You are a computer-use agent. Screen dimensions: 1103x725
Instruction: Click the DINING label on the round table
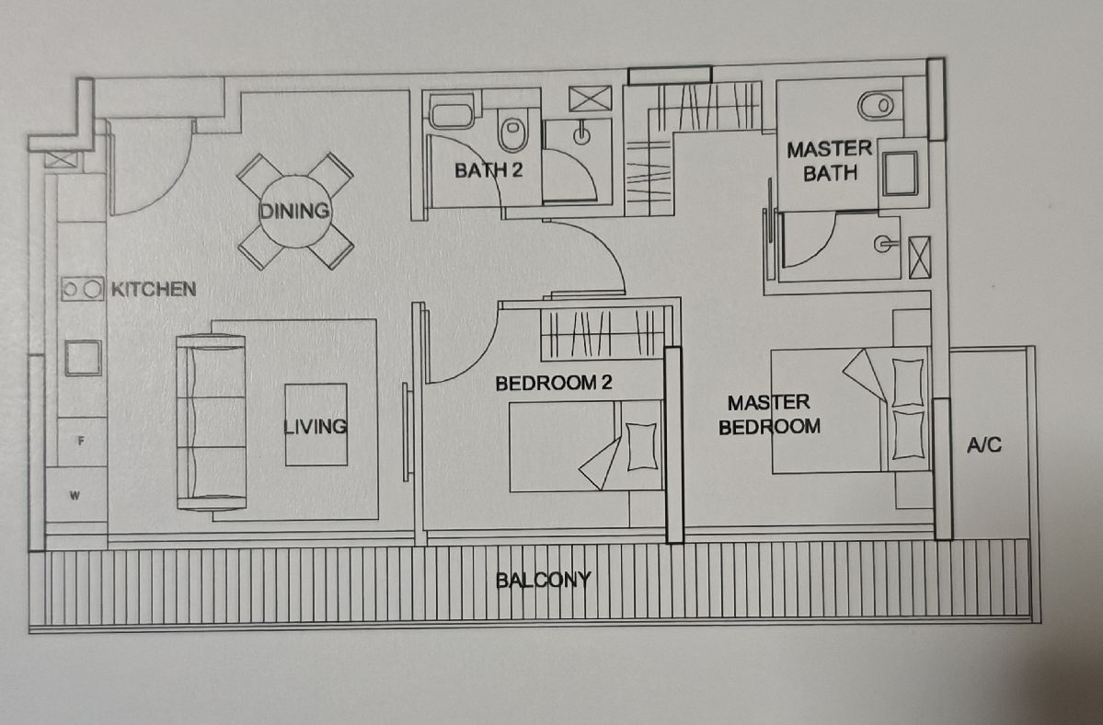(294, 211)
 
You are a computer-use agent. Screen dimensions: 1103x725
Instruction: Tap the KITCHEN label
(154, 289)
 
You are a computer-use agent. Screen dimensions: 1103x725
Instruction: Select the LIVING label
(316, 426)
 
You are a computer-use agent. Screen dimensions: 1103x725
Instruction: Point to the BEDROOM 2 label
(554, 384)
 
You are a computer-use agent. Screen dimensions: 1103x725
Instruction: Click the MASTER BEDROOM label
(769, 414)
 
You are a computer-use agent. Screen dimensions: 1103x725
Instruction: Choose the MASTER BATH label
(830, 161)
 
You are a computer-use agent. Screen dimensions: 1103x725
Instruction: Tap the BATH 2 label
(488, 170)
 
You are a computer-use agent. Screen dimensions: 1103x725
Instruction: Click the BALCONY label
(543, 580)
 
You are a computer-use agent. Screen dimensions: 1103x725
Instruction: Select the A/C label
(983, 444)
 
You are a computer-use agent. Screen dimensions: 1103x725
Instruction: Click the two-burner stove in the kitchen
(82, 289)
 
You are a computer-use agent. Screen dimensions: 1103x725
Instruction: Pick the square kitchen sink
(84, 358)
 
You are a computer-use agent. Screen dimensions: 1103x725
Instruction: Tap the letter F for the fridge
(81, 441)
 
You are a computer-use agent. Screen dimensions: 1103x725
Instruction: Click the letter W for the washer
(75, 496)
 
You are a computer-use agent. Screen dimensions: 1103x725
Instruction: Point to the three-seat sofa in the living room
(211, 422)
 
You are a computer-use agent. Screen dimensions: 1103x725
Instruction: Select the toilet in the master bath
(877, 106)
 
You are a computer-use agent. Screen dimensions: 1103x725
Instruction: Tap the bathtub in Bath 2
(453, 113)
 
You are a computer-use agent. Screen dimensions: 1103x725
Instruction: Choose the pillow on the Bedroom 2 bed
(641, 446)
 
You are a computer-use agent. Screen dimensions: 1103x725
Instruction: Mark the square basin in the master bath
(901, 173)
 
